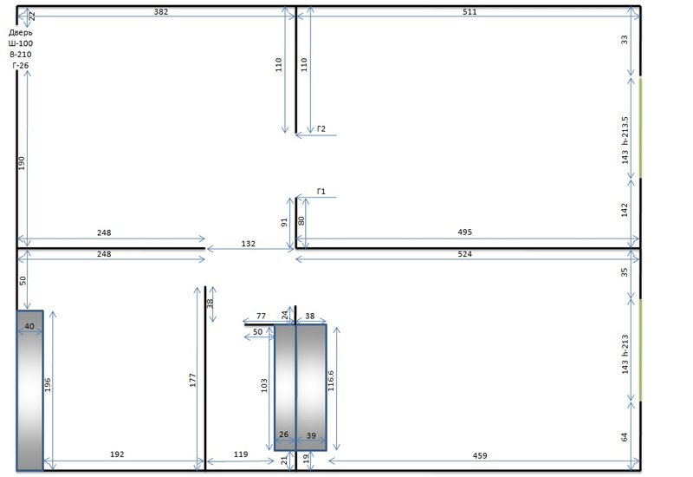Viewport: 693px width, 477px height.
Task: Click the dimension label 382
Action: tap(160, 12)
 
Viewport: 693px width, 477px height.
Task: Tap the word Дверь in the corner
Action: tap(21, 32)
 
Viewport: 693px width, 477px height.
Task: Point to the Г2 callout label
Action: tap(321, 129)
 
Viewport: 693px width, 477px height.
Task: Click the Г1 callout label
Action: tap(321, 192)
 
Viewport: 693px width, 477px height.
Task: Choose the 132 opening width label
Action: tap(249, 244)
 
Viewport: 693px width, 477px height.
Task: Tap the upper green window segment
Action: tap(640, 127)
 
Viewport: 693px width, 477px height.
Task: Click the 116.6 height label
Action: tap(331, 379)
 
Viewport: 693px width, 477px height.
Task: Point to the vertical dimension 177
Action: tap(194, 379)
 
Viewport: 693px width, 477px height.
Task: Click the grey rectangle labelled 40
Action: tap(29, 390)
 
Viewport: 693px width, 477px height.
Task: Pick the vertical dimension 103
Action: tap(264, 385)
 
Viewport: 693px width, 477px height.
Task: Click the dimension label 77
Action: tap(260, 317)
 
